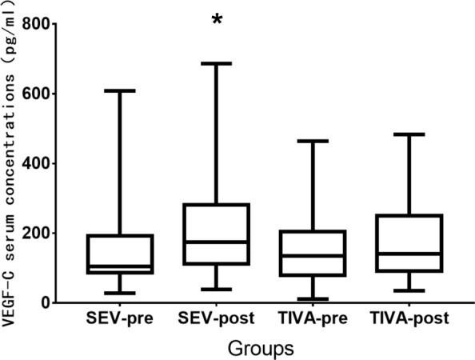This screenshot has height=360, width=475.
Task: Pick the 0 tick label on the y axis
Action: pyautogui.click(x=46, y=302)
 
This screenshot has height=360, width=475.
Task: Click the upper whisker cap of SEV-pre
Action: pyautogui.click(x=121, y=91)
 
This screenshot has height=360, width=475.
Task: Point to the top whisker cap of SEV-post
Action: pyautogui.click(x=216, y=63)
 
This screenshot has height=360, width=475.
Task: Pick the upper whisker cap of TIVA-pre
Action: pyautogui.click(x=313, y=141)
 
